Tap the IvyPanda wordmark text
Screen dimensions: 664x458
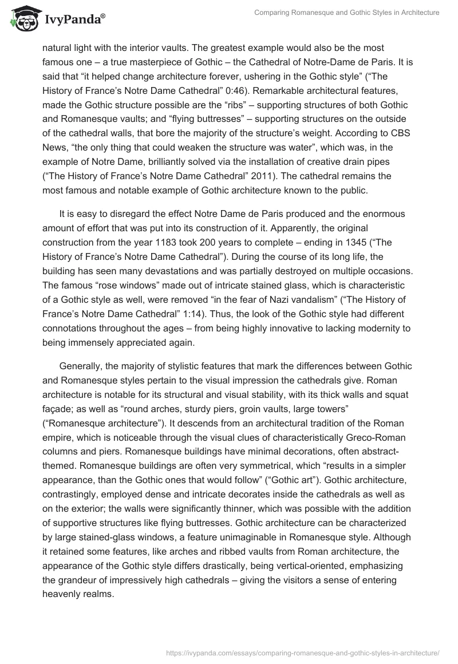coord(73,18)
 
